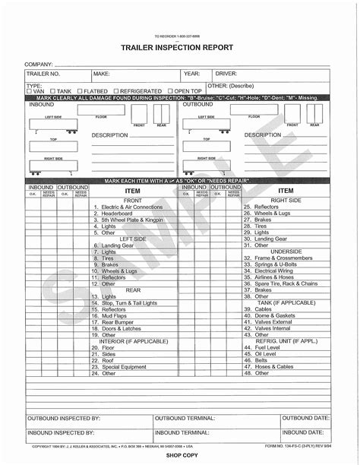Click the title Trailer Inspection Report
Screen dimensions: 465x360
coord(179,48)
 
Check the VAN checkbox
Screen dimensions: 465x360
coord(29,91)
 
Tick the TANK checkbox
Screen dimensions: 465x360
coord(54,91)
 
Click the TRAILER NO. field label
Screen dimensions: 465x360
coord(43,74)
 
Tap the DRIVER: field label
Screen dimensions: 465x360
coord(226,74)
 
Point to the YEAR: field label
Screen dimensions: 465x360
coord(191,74)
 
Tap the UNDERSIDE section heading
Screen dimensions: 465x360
coord(286,251)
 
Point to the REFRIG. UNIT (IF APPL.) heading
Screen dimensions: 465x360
coord(286,340)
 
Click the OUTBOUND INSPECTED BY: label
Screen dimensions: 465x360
coord(64,419)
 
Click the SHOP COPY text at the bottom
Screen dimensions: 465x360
coord(180,459)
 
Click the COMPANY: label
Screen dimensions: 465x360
coord(39,64)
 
